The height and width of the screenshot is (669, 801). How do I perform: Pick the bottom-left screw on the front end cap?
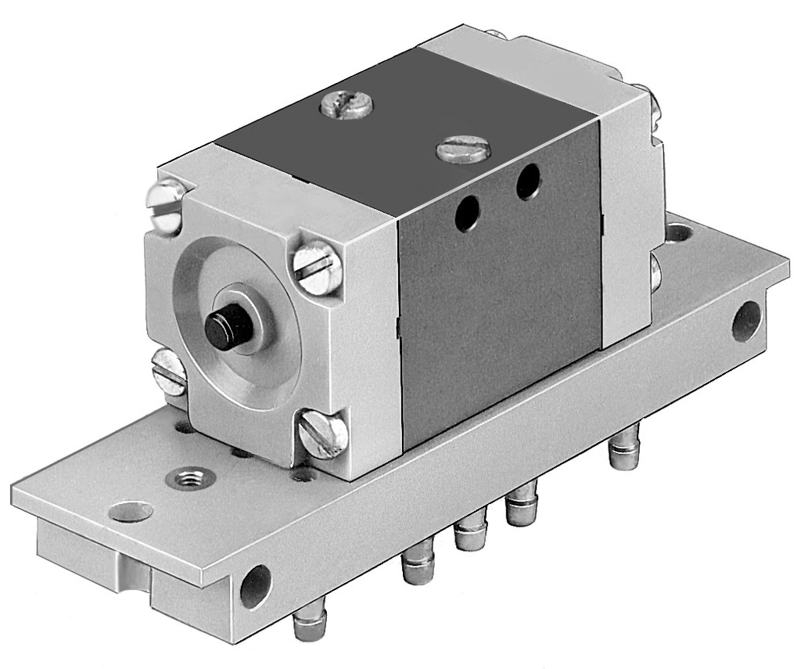tap(168, 370)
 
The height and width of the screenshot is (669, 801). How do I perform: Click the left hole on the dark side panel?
tap(467, 214)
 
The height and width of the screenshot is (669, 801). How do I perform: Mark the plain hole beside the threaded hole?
tap(131, 512)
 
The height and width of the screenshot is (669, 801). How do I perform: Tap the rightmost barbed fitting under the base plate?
tap(624, 448)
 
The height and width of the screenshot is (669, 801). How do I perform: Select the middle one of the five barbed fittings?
tap(469, 533)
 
